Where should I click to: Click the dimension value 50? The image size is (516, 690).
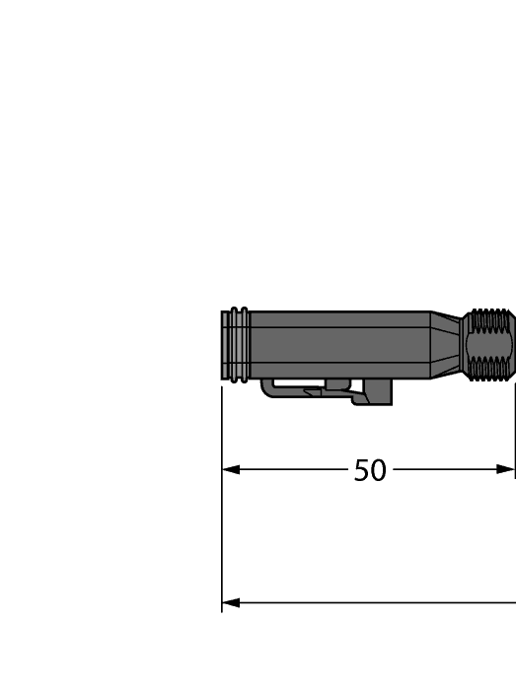tap(370, 470)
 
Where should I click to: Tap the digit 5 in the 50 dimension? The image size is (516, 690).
tap(362, 470)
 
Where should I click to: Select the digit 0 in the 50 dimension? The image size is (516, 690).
tap(378, 470)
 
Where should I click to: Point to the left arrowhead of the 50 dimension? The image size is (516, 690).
tap(231, 469)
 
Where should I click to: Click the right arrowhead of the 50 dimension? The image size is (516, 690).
tap(506, 469)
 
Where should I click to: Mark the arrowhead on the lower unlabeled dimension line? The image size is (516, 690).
tap(231, 602)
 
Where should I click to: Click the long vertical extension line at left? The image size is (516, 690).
tap(222, 513)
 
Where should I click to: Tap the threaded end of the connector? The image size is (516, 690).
tap(491, 345)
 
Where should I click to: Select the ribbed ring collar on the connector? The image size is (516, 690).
tap(237, 345)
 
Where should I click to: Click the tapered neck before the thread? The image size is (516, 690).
tap(449, 345)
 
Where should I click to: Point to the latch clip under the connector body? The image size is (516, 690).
tap(326, 391)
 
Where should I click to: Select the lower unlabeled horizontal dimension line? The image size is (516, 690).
tap(375, 602)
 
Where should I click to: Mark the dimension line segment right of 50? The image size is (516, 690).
tap(444, 469)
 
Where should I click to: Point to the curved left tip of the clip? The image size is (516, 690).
tap(266, 390)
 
